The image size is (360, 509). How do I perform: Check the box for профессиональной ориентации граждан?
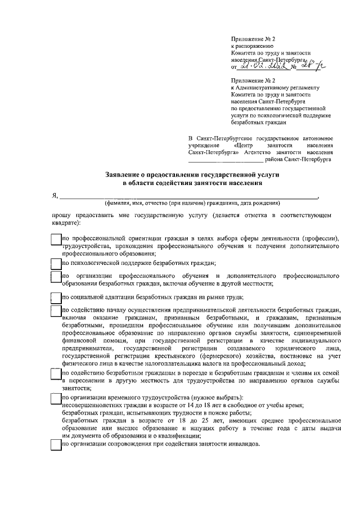tap(55, 239)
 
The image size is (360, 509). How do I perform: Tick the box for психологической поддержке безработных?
tap(55, 263)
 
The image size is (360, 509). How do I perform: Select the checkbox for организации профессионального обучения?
tap(55, 276)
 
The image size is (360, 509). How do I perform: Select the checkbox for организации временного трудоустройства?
tap(55, 398)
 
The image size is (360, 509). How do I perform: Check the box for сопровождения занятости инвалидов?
tap(55, 444)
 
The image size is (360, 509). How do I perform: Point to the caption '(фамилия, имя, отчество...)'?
tap(189, 202)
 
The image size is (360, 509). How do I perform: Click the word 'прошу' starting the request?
tap(62, 215)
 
